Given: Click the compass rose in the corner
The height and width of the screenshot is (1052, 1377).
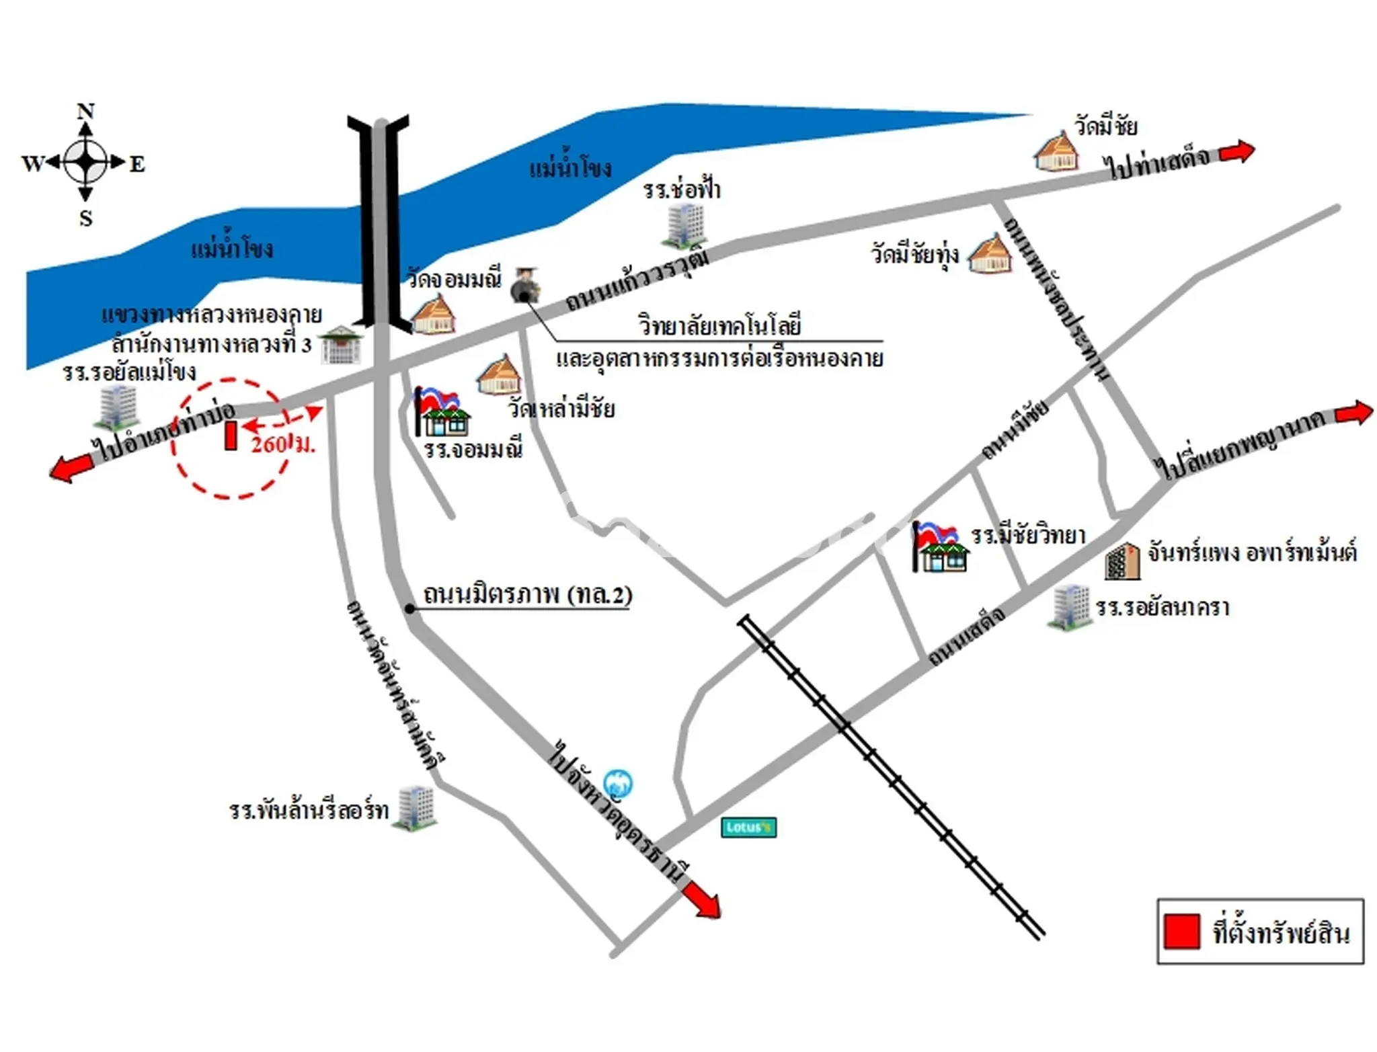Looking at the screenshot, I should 85,163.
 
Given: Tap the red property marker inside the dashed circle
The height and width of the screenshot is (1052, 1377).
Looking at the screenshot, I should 231,435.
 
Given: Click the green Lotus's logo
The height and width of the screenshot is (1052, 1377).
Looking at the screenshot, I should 748,827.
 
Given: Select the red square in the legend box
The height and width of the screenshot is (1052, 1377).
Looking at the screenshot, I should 1181,931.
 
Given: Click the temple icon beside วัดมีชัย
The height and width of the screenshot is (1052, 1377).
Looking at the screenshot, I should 1056,151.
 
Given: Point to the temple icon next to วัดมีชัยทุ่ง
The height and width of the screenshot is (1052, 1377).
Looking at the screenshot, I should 990,254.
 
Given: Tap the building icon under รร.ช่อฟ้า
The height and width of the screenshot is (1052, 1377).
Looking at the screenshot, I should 684,226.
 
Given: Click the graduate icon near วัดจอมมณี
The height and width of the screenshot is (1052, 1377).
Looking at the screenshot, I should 524,285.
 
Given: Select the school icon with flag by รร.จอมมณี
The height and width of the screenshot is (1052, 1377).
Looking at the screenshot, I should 440,411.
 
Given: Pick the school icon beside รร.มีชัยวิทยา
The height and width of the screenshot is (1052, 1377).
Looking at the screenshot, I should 940,547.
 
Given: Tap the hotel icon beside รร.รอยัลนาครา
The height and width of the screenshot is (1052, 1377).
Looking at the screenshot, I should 1070,607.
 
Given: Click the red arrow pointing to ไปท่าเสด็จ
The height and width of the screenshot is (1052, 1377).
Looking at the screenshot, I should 1237,152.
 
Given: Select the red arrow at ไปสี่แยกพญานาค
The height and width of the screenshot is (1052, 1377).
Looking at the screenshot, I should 1353,413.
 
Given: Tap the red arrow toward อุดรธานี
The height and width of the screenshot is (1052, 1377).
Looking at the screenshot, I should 701,900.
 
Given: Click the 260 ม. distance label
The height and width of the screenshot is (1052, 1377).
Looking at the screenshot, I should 283,443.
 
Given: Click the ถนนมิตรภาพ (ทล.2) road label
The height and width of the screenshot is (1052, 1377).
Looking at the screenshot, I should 528,594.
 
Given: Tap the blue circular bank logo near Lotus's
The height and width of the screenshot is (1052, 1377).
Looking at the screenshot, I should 617,784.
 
